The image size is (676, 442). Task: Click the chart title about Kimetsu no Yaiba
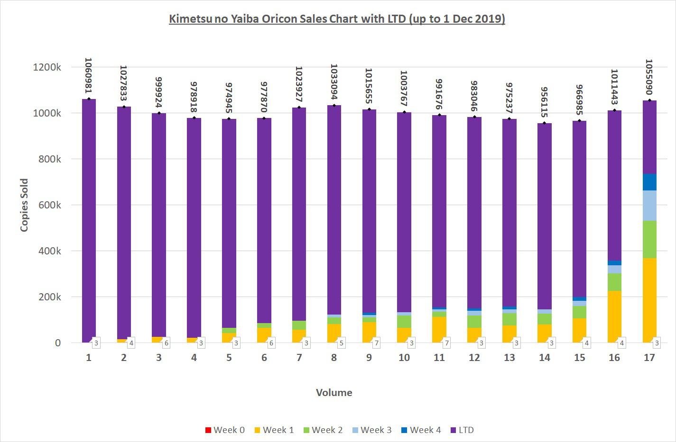(x=337, y=19)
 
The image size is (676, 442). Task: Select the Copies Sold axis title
(x=24, y=205)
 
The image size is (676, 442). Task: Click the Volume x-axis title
(x=334, y=393)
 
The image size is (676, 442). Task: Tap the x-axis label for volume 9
(x=369, y=358)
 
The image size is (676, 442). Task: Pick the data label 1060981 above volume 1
(x=89, y=76)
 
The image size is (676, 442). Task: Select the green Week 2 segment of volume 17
(x=649, y=239)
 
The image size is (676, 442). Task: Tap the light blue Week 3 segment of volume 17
(x=649, y=206)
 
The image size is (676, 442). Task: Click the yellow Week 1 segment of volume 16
(x=614, y=315)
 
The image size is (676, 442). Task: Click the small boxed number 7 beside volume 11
(x=446, y=343)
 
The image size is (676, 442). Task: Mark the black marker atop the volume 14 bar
(x=545, y=123)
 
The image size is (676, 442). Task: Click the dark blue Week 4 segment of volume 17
(x=649, y=182)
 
